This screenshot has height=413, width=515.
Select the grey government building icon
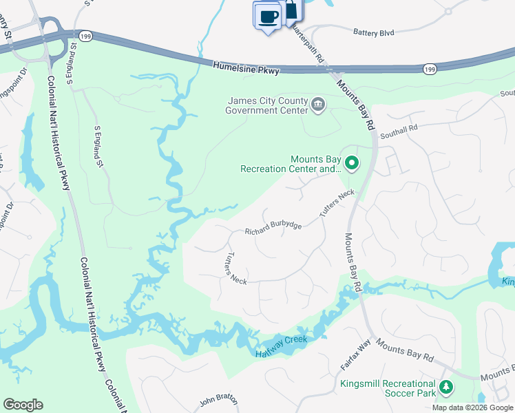318,105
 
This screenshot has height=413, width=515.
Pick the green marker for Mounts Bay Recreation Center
352,163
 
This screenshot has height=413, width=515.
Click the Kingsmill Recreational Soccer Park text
388,388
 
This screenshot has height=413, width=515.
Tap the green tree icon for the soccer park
446,388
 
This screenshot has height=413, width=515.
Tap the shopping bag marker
292,9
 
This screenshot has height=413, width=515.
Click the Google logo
23,405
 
